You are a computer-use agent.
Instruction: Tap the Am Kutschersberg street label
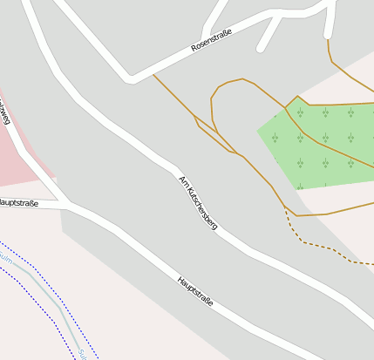coord(198,203)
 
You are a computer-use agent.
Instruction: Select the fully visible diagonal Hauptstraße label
coord(194,292)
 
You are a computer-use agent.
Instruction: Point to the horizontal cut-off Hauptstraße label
coord(18,203)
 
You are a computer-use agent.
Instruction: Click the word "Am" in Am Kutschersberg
coord(183,180)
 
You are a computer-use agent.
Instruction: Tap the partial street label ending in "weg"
coord(3,113)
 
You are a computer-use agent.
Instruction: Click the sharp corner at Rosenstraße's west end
coord(131,79)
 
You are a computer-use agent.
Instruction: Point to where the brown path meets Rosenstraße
coord(154,73)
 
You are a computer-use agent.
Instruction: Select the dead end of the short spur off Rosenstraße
coord(262,49)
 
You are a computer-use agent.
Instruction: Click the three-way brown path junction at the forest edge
coord(286,108)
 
